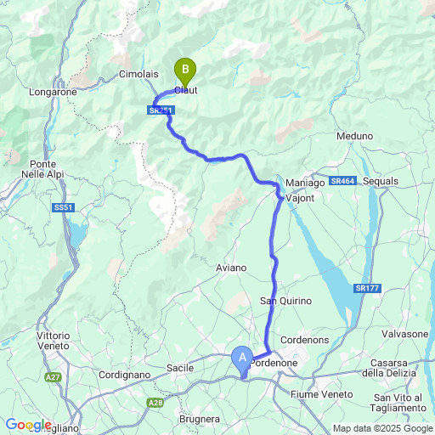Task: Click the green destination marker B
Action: [x=184, y=69]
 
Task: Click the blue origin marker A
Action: [x=242, y=359]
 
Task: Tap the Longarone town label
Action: [x=53, y=91]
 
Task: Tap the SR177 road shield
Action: [x=367, y=289]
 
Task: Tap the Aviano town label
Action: [x=231, y=268]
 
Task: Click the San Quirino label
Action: [x=285, y=301]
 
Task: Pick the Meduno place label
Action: [x=354, y=136]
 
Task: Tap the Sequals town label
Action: [x=380, y=182]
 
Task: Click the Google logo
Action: [x=28, y=425]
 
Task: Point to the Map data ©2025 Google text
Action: [x=381, y=428]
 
